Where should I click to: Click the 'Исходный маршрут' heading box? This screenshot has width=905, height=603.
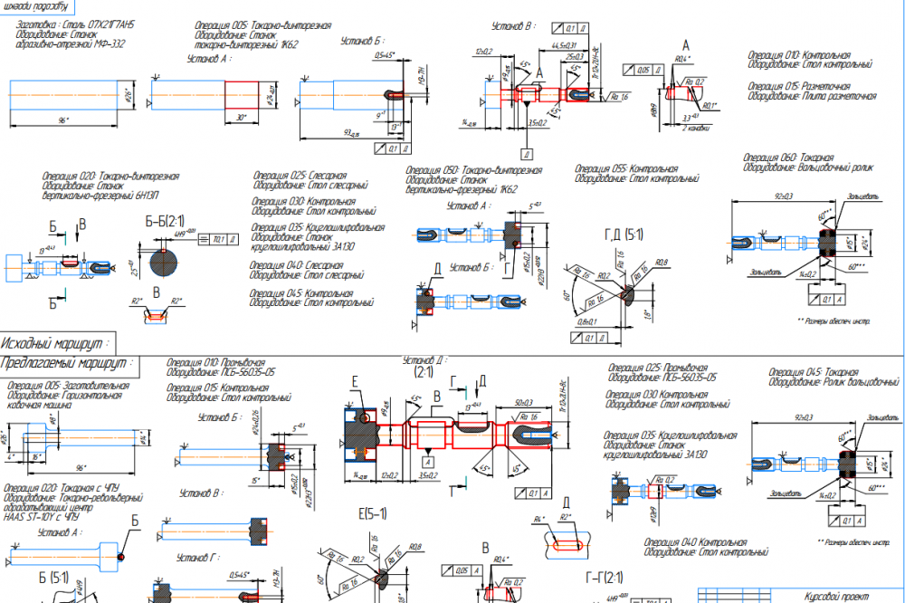[x=56, y=343]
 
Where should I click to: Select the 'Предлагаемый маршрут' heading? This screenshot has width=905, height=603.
[x=69, y=363]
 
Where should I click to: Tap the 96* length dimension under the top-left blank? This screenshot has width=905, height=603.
[x=62, y=120]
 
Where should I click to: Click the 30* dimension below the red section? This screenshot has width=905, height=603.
[x=239, y=118]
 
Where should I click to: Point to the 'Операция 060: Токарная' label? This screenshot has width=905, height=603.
[x=788, y=157]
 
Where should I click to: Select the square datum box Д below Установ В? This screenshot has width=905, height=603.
[x=526, y=151]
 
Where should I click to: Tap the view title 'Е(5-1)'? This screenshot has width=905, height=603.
[x=373, y=513]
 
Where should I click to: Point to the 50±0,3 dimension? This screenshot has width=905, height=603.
[x=522, y=401]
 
